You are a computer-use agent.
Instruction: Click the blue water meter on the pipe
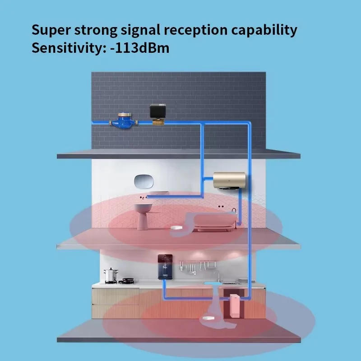pyautogui.click(x=124, y=120)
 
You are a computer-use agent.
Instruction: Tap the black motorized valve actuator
pyautogui.click(x=157, y=111)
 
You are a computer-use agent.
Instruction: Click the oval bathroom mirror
pyautogui.click(x=143, y=181)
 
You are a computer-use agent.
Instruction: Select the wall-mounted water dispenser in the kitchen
pyautogui.click(x=165, y=267)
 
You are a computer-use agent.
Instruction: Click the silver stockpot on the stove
pyautogui.click(x=111, y=275)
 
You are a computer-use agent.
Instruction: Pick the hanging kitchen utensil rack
pyautogui.click(x=198, y=267)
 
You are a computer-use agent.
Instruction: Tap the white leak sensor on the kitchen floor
pyautogui.click(x=208, y=318)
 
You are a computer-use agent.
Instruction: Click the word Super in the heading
pyautogui.click(x=51, y=30)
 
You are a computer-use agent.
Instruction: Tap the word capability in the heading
pyautogui.click(x=264, y=30)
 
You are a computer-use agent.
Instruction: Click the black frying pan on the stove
pyautogui.click(x=127, y=281)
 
